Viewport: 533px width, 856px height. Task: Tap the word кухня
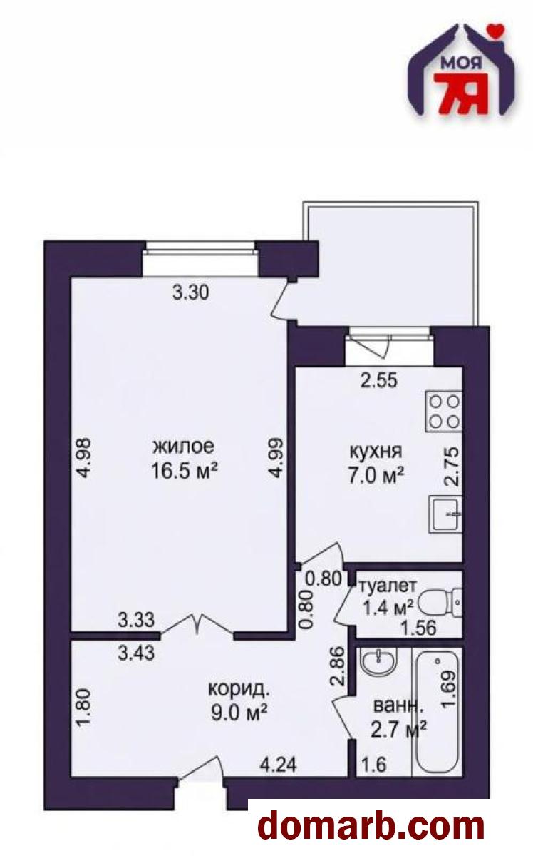376,452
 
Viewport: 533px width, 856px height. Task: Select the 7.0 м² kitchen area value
376,476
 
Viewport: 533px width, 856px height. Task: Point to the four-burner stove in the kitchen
444,411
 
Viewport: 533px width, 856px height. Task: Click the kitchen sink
445,514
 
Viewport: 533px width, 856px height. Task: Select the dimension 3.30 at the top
190,292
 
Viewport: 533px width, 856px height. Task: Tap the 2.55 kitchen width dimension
379,381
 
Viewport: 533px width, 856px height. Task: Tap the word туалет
388,585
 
